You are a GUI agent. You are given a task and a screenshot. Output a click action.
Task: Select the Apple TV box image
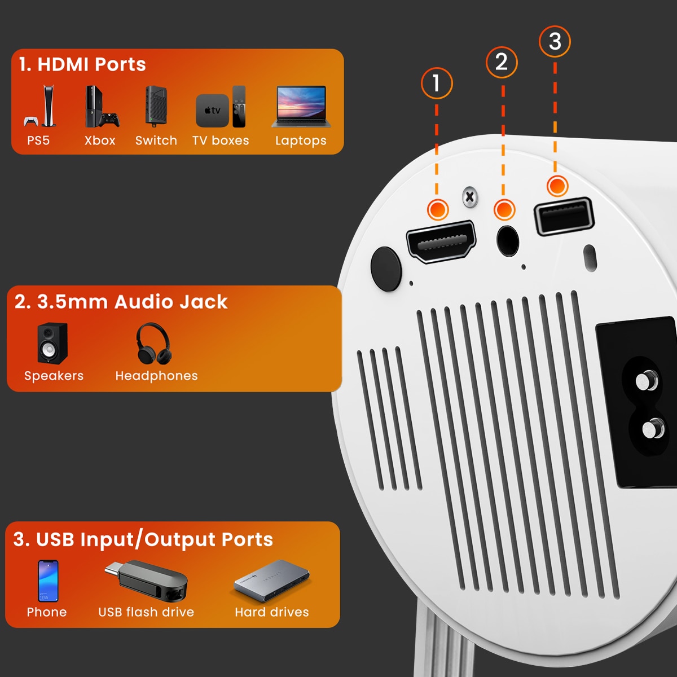tap(213, 110)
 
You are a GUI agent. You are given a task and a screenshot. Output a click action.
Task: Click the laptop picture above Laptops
tap(301, 106)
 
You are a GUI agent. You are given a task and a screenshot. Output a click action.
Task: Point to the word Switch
tap(156, 140)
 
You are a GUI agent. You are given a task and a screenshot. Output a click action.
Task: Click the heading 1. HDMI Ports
tap(82, 64)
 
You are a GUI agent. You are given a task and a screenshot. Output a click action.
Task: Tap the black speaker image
tap(53, 343)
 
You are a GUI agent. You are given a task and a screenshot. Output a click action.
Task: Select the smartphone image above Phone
tap(48, 581)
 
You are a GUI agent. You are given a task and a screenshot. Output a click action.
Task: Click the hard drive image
tap(272, 580)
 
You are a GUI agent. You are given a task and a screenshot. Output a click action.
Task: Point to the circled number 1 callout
tap(436, 83)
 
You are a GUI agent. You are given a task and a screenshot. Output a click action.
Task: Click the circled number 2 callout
tap(502, 62)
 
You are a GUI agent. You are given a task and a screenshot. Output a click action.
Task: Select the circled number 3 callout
tap(555, 41)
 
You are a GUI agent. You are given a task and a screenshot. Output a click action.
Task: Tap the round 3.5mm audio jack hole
tap(508, 241)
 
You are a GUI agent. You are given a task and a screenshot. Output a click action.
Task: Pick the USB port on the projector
tap(564, 216)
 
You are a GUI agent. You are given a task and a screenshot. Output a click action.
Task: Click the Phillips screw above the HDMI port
tap(469, 197)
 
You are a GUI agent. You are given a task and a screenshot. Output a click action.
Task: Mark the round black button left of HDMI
tap(386, 269)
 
